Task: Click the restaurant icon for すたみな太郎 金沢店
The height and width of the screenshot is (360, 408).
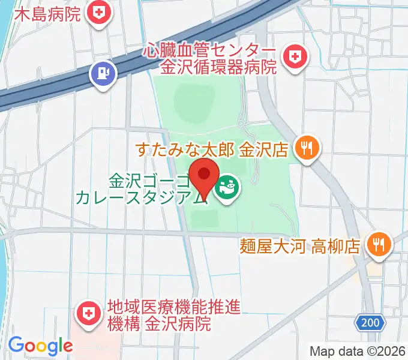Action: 308,148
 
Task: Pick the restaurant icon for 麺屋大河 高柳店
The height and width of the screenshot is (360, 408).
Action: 379,244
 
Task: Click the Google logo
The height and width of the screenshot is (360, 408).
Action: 40,346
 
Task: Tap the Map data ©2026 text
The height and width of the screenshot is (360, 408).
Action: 358,351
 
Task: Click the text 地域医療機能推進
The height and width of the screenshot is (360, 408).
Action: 174,308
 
